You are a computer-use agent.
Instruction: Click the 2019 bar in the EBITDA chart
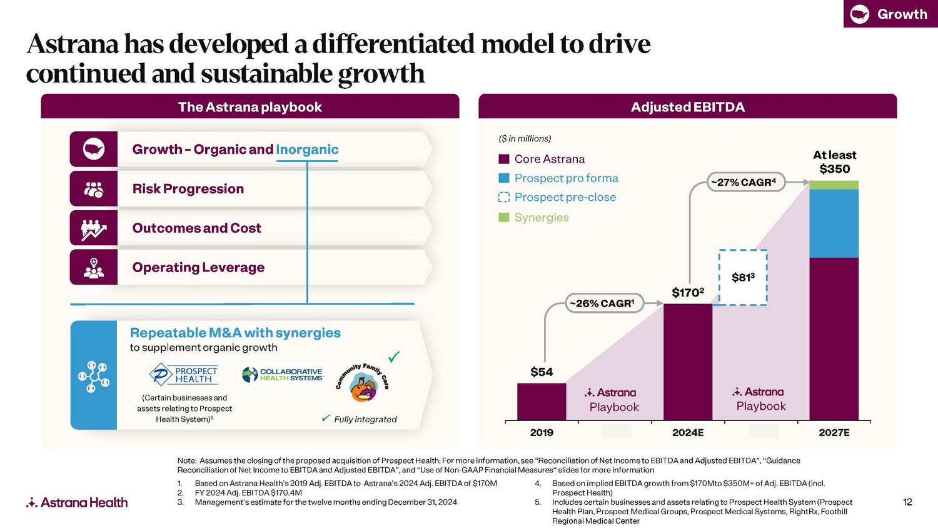point(542,401)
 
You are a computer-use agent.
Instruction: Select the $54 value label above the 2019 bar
point(542,372)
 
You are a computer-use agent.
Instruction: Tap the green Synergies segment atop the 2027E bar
point(834,185)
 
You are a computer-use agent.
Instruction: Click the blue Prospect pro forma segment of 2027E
point(834,223)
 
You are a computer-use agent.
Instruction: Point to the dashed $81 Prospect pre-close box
point(743,277)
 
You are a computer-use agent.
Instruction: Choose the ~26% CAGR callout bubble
point(604,303)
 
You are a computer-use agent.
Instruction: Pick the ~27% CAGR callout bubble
point(746,182)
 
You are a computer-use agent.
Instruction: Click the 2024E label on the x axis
point(688,432)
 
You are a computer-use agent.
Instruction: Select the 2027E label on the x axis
point(834,432)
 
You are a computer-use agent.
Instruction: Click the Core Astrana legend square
point(504,159)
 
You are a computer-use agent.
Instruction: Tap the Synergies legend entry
point(541,218)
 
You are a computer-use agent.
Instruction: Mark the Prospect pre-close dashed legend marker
point(504,197)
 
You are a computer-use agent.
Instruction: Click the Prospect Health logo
point(184,375)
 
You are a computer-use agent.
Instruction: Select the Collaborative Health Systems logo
point(283,375)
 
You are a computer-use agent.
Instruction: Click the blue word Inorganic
point(307,150)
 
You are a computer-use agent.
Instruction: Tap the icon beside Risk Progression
point(94,189)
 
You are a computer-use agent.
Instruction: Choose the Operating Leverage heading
point(198,267)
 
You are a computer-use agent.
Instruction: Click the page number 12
point(907,502)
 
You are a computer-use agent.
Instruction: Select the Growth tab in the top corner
point(890,14)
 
